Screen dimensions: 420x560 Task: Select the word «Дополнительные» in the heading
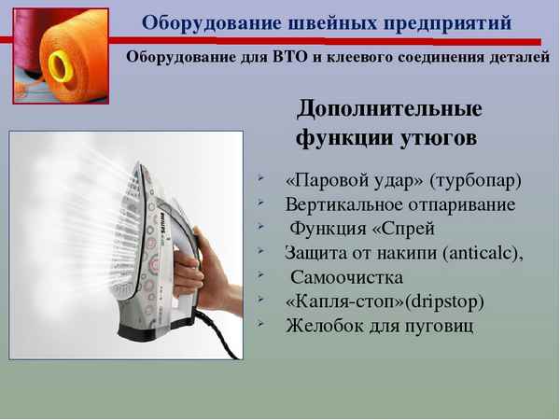pos(389,108)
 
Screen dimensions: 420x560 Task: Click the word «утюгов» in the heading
pos(440,139)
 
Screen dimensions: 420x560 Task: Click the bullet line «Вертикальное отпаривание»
pos(400,203)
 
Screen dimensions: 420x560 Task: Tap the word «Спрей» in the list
pos(411,229)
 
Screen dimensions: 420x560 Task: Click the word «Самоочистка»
pos(347,277)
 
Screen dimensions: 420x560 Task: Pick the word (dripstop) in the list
pos(444,301)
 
